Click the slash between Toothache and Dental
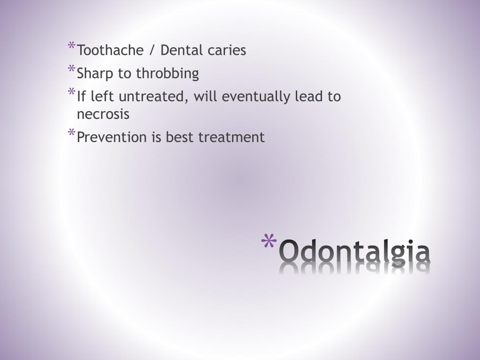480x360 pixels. pyautogui.click(x=152, y=50)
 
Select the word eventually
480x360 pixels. pyautogui.click(x=256, y=97)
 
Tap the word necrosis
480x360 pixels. pyautogui.click(x=103, y=114)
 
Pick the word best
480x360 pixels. pyautogui.click(x=180, y=137)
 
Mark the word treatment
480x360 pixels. pyautogui.click(x=231, y=137)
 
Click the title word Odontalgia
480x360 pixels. pyautogui.click(x=355, y=251)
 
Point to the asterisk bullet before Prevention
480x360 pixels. pyautogui.click(x=72, y=134)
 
